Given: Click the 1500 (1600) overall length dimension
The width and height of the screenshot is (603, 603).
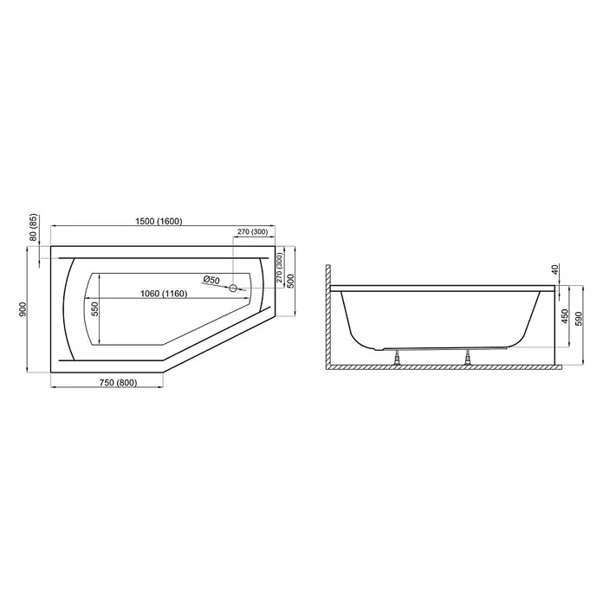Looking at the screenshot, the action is tap(159, 221).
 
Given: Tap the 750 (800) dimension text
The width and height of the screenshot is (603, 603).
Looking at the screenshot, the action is tap(118, 383).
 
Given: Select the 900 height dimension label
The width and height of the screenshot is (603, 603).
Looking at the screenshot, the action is tap(23, 309).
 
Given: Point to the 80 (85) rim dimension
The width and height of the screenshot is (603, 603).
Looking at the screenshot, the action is tap(34, 227).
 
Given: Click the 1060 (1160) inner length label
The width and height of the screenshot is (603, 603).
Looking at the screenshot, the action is tap(164, 294).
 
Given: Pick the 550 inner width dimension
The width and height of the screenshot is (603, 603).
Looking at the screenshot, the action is tap(95, 308).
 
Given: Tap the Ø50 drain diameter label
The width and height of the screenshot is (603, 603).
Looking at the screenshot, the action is tap(211, 280).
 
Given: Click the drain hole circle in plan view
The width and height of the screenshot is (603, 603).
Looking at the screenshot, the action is tap(233, 288).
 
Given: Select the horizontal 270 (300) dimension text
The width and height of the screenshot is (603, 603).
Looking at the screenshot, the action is tap(252, 232).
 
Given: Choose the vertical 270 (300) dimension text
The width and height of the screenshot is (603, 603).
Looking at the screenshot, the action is tap(280, 268).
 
